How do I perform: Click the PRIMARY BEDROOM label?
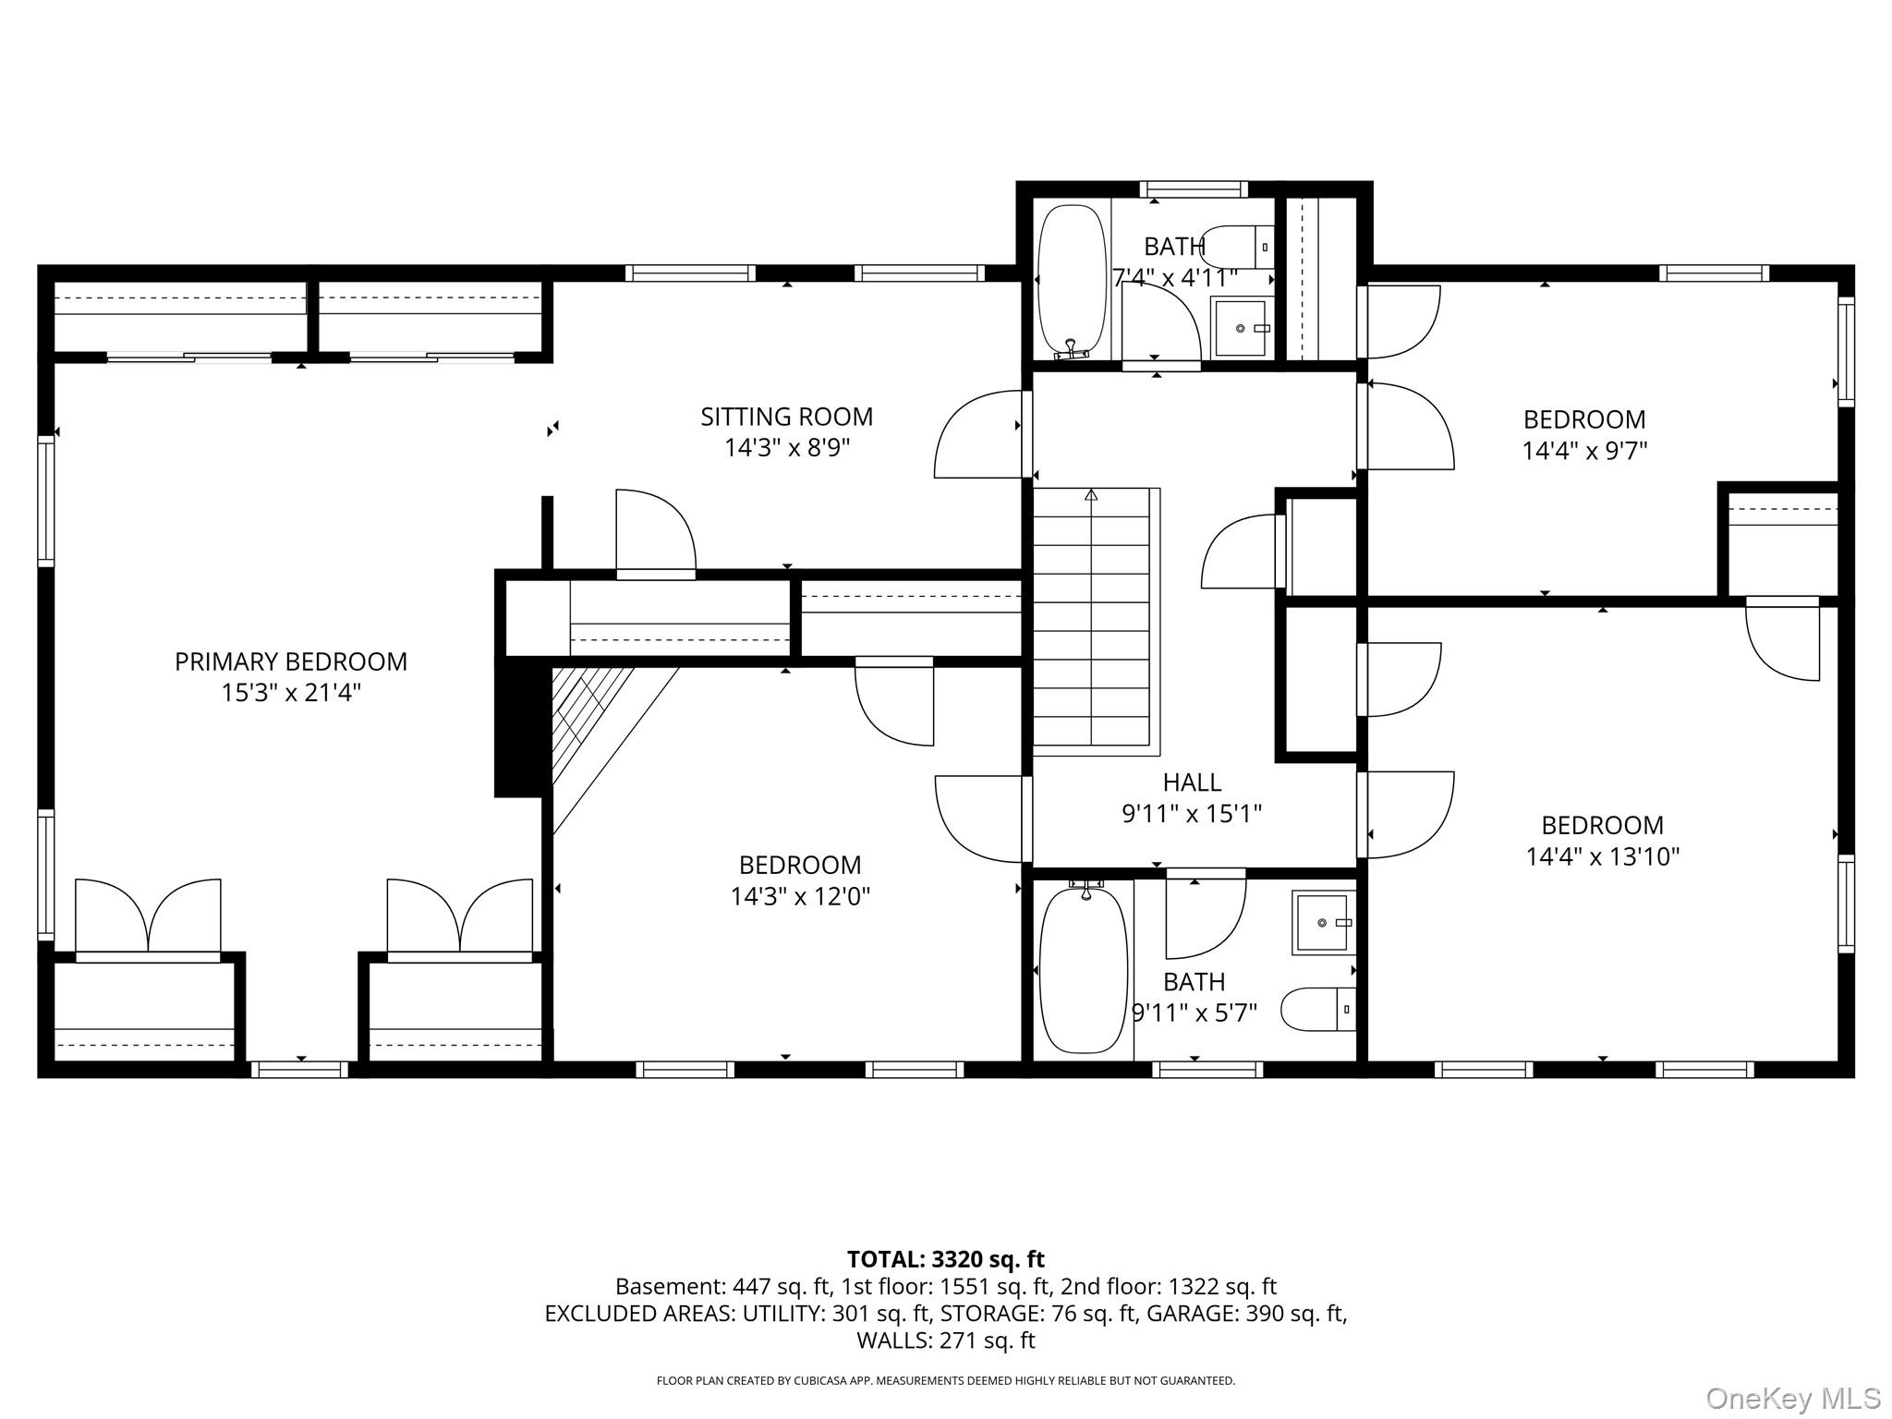[x=290, y=661]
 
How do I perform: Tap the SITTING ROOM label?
[x=786, y=417]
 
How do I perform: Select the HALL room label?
[x=1192, y=782]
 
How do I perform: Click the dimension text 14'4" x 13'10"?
[x=1602, y=856]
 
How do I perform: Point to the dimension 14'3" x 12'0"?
[x=800, y=896]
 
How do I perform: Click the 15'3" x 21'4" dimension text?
[x=290, y=693]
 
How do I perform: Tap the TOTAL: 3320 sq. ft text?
[x=945, y=1259]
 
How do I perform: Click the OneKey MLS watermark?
[x=1792, y=1399]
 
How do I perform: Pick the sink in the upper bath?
[x=1241, y=327]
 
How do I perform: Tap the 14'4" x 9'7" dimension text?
[x=1584, y=451]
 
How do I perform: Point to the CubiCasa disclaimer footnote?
[x=945, y=1380]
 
